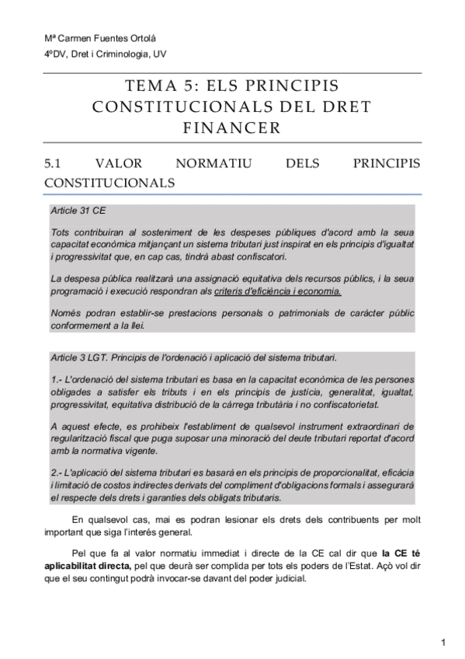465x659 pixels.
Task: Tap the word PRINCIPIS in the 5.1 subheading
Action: click(386, 164)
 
